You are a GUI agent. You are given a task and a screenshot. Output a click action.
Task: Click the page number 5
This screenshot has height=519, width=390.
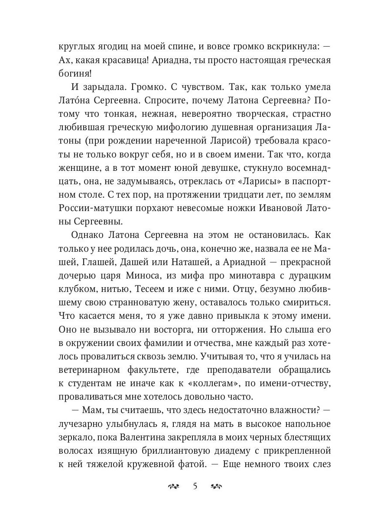[x=195, y=487]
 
